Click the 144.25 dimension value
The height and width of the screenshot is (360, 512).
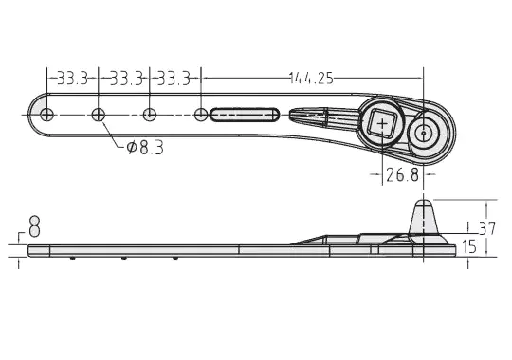312,79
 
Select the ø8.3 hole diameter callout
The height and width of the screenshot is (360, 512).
145,148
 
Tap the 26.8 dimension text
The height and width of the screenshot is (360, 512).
402,174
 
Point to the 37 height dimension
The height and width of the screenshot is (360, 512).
487,228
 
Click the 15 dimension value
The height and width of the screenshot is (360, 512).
469,246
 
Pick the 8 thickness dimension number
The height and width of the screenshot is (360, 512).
34,226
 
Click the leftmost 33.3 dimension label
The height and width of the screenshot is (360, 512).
72,79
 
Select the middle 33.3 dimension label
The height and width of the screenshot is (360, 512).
127,79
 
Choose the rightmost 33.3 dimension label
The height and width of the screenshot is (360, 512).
174,79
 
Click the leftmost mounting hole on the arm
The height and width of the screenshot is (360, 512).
46,115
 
